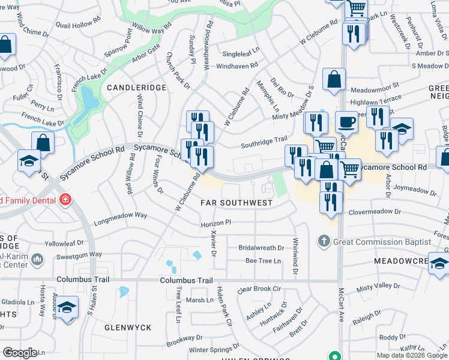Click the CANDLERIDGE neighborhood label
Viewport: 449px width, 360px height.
[x=136, y=88]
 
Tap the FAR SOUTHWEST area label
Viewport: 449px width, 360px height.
[x=237, y=203]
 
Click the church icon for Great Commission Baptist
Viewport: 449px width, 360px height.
[x=324, y=242]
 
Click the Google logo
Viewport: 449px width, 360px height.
[x=20, y=353]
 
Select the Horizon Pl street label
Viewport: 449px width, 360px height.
[x=215, y=223]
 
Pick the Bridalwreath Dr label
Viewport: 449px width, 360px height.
[x=261, y=248]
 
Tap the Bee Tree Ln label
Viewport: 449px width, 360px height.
[x=263, y=261]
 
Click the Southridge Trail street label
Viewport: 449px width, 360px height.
[x=264, y=142]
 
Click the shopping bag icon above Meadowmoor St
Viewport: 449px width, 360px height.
[x=334, y=79]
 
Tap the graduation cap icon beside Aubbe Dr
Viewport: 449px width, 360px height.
[x=68, y=308]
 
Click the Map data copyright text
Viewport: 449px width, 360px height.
[x=412, y=355]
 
